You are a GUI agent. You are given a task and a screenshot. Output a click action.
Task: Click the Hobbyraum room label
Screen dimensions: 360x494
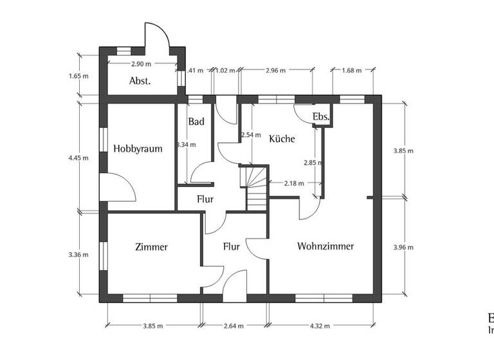[x=137, y=148]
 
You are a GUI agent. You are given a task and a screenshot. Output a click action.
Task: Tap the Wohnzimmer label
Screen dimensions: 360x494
[x=325, y=246]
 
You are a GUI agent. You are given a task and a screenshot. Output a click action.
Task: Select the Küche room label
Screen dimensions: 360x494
[x=282, y=138]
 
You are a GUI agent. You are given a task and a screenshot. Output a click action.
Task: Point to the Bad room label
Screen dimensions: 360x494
[x=196, y=122]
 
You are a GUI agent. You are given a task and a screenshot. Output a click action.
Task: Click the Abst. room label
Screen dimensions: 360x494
[x=140, y=81]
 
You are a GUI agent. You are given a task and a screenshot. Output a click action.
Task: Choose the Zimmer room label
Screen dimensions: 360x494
[x=152, y=247]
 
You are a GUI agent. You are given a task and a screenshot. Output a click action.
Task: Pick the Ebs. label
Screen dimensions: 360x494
[x=320, y=117]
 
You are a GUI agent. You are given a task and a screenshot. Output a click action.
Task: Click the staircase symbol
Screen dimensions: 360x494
[x=255, y=186]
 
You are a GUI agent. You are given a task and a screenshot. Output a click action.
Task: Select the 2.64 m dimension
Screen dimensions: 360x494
[x=233, y=326]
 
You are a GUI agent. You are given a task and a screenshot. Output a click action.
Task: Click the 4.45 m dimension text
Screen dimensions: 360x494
[x=78, y=156]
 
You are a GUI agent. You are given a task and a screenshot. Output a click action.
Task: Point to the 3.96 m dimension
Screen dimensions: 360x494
[x=403, y=246]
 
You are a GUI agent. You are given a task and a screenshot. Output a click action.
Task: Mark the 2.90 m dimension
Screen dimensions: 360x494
[x=141, y=64]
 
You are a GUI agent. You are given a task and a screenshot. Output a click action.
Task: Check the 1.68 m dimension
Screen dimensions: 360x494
[x=352, y=70]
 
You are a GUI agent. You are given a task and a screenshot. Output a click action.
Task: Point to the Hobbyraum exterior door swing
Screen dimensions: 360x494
[x=118, y=188]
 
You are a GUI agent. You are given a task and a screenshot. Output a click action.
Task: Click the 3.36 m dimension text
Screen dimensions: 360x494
[x=78, y=255]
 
